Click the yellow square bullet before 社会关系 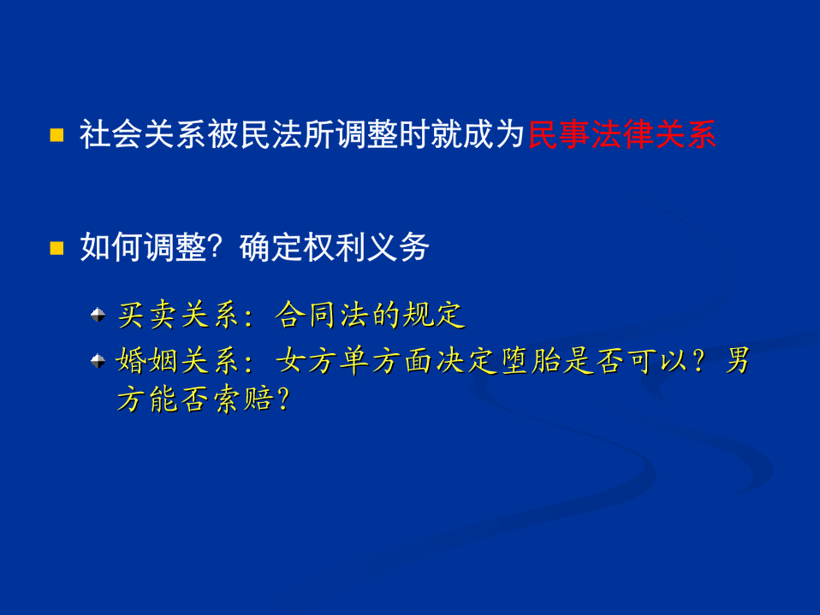[x=56, y=135]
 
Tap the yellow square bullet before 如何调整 [x=56, y=248]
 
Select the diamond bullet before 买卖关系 [x=98, y=315]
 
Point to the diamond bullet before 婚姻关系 [x=98, y=360]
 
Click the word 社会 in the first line [x=111, y=134]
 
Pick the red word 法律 [x=621, y=134]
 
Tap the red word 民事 [x=559, y=134]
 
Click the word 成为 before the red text [x=494, y=134]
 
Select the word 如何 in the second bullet [x=111, y=247]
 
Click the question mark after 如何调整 [x=215, y=247]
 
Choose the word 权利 [x=334, y=247]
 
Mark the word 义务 [x=398, y=247]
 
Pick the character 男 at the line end [x=737, y=360]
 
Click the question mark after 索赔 [x=283, y=399]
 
